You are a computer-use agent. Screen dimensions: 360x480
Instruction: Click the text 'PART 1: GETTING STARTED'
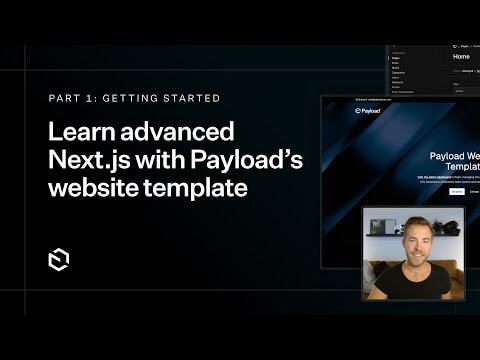click(x=134, y=99)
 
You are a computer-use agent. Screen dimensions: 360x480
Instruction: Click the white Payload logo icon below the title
click(x=58, y=259)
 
